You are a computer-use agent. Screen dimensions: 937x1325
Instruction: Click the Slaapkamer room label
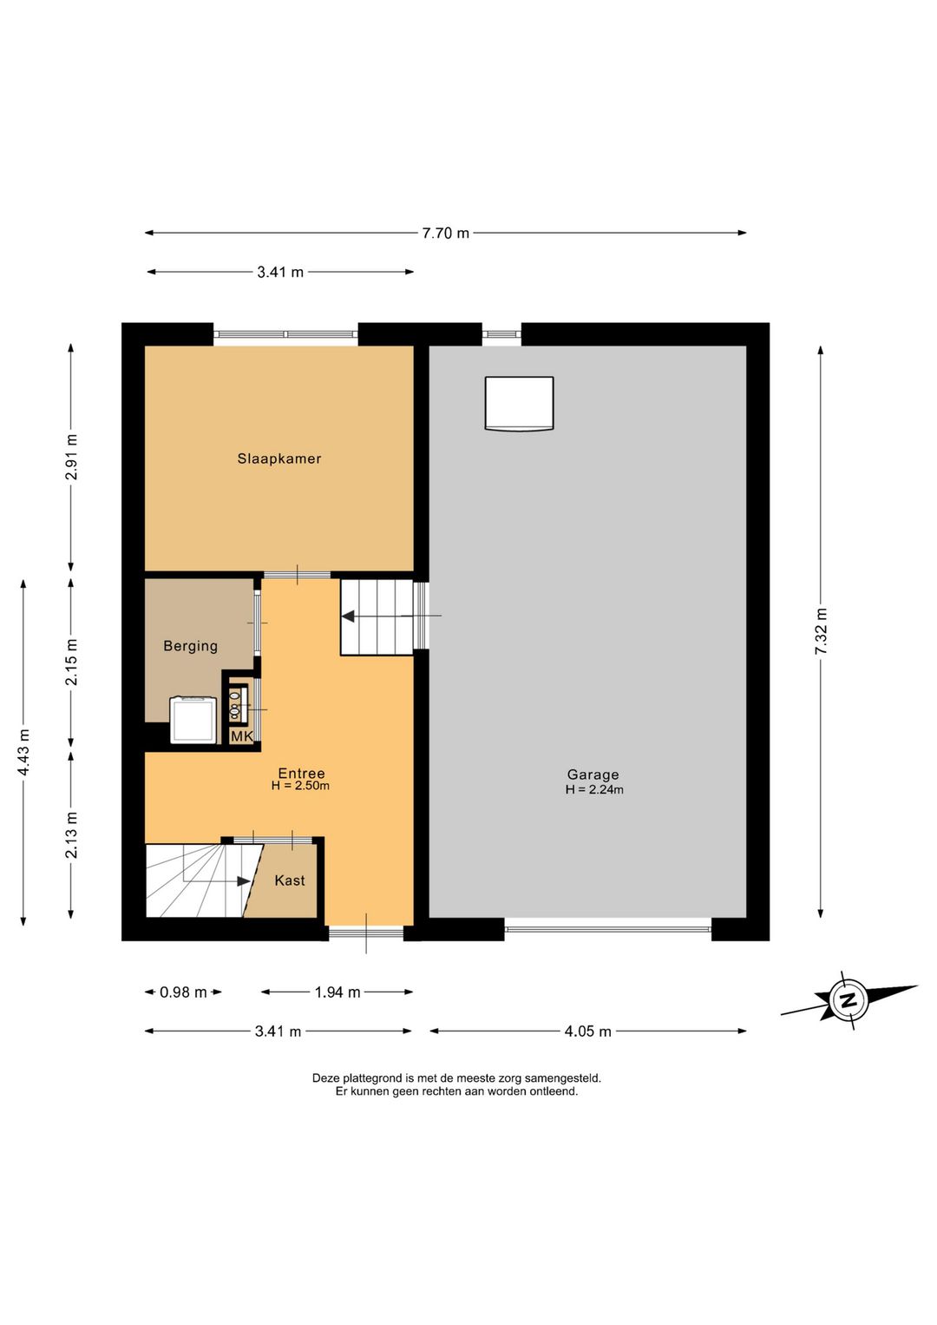point(279,458)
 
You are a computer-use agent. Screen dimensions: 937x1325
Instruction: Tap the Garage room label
point(593,775)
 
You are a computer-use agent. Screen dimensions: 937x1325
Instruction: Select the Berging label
point(190,646)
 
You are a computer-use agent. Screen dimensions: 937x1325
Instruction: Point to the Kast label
point(290,880)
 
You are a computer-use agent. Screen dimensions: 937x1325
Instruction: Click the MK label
point(242,736)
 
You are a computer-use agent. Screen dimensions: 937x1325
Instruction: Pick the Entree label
point(302,773)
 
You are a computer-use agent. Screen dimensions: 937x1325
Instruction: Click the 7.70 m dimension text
point(445,233)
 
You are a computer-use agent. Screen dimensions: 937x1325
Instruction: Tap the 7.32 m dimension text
point(821,631)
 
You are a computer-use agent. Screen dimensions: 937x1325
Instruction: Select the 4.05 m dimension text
point(587,1032)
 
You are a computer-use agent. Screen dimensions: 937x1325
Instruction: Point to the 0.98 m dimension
point(183,992)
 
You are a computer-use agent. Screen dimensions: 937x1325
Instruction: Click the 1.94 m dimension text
point(337,992)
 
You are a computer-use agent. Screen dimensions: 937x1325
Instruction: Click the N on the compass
point(849,1001)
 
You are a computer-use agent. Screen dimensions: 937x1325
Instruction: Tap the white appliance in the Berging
point(193,720)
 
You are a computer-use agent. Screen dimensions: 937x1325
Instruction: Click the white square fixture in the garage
point(519,404)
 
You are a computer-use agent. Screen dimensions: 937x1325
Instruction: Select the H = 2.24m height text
point(593,789)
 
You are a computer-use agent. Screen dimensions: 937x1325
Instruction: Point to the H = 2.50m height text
point(300,786)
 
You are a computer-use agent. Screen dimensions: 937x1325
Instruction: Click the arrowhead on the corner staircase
point(243,880)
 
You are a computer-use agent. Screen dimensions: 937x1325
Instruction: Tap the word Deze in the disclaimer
point(325,1078)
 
